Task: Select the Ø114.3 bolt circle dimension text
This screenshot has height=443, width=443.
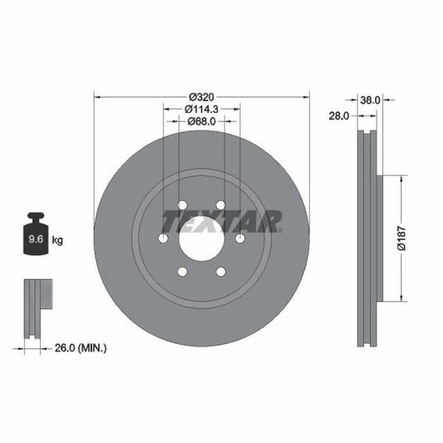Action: (201, 108)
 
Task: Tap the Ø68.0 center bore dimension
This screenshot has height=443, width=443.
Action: (201, 121)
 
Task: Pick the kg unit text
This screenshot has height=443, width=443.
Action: (58, 240)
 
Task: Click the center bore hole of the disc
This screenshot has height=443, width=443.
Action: (201, 239)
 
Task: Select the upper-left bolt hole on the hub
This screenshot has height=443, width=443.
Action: (182, 205)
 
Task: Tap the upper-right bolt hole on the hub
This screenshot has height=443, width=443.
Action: (220, 205)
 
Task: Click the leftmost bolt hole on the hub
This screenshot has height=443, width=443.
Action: (163, 239)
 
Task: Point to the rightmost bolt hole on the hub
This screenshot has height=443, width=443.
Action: (239, 239)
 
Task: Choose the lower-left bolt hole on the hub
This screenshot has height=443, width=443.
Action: (182, 272)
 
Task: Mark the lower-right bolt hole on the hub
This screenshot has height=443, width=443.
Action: (220, 272)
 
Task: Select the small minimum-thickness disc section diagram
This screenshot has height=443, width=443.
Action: (37, 308)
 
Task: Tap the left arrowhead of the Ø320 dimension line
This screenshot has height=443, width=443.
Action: (97, 97)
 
